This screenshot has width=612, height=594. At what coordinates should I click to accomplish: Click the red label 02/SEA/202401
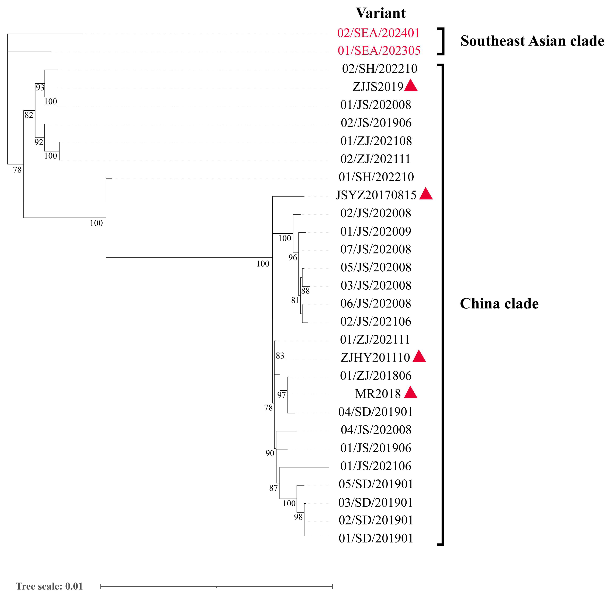coord(378,33)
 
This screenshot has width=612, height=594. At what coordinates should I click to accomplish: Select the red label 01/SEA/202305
coord(379,51)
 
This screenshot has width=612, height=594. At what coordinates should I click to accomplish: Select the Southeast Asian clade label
coord(532,41)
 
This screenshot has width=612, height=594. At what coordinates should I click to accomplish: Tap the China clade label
coord(499,304)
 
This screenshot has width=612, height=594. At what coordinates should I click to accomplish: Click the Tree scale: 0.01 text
coord(49,586)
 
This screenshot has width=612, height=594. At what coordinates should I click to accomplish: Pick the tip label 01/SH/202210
coord(376,177)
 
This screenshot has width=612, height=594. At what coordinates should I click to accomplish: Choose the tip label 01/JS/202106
coord(376,466)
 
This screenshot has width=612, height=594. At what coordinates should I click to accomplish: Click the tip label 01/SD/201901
coord(376,538)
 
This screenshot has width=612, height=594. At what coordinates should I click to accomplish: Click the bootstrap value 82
coord(29,115)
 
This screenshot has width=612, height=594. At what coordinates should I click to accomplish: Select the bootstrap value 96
coord(293,258)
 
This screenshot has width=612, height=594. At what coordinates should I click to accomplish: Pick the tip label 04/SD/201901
coord(376,412)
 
